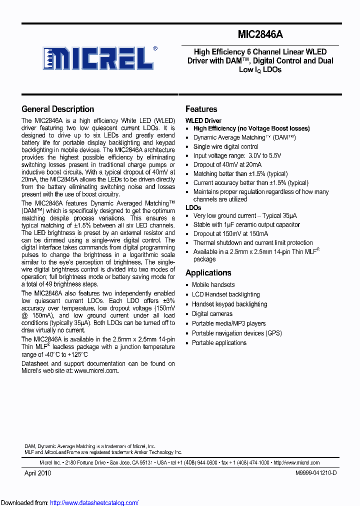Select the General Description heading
(57, 109)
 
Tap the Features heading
(201, 109)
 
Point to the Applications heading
(208, 272)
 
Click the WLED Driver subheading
(203, 120)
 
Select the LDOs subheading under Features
(193, 207)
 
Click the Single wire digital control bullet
(225, 146)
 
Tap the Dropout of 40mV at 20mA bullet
(227, 164)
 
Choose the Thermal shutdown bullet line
(253, 242)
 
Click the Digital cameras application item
(212, 313)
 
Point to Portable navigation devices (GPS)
(236, 333)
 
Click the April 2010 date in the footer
(37, 472)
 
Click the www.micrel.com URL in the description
(96, 370)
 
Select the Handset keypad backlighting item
(229, 304)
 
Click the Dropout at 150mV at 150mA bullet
(230, 233)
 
